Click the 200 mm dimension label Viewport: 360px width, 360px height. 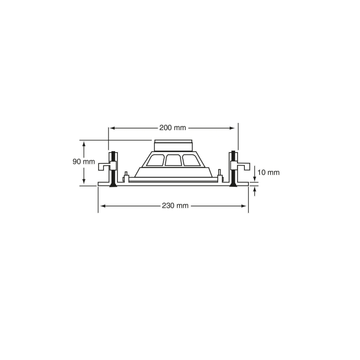click(173, 128)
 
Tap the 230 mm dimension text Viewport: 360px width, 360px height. click(175, 206)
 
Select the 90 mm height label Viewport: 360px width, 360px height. click(84, 162)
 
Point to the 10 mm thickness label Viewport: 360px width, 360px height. click(268, 172)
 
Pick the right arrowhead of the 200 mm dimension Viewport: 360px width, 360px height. click(232, 128)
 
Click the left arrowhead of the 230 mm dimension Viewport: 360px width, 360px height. click(103, 206)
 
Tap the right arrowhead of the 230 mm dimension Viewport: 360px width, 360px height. click(243, 206)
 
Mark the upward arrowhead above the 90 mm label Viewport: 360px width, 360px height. click(84, 144)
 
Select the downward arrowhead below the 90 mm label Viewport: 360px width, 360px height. click(84, 181)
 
